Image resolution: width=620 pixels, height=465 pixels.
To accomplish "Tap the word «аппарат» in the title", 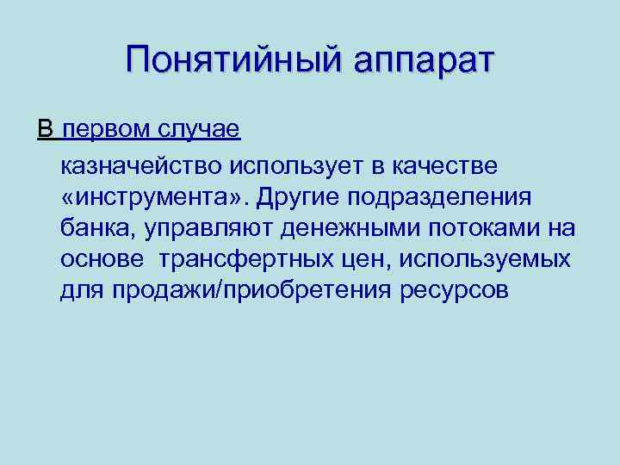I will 418,62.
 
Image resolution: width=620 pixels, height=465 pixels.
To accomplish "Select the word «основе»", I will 102,259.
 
